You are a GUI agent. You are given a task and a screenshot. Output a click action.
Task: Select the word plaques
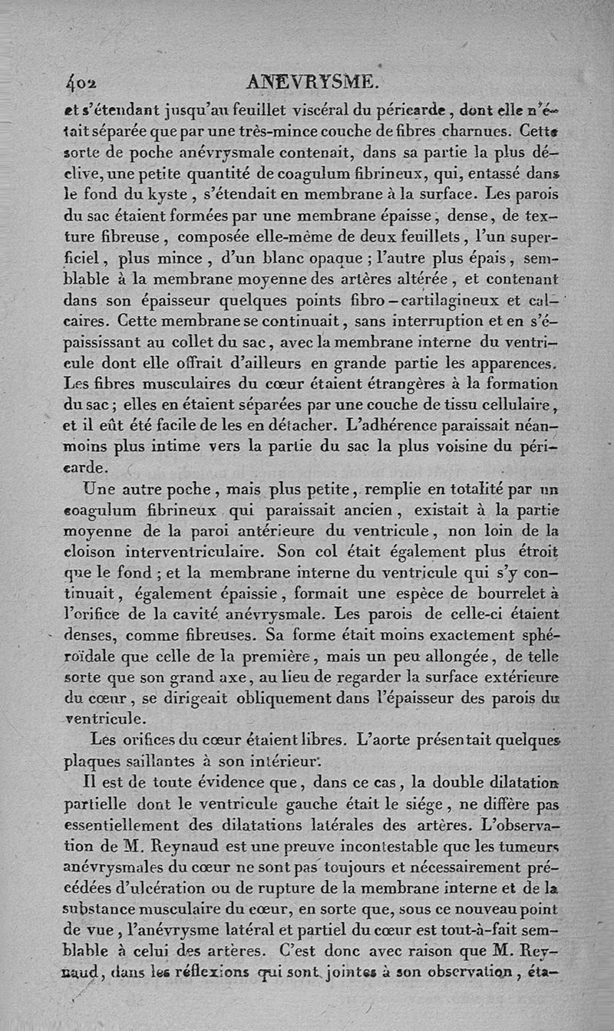click(x=90, y=762)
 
